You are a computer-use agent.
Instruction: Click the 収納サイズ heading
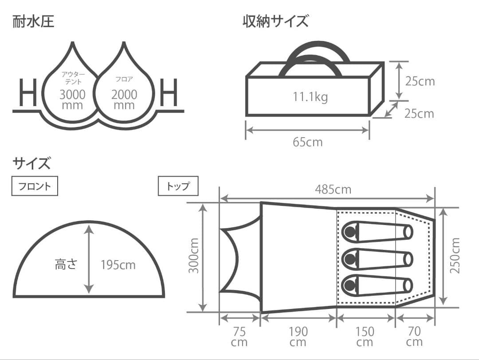[x=275, y=21]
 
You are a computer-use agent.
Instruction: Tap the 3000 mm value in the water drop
[x=72, y=99]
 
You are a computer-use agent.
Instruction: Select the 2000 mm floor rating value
[x=124, y=99]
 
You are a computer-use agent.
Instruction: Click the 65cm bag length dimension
[x=307, y=142]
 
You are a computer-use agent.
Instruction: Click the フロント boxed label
[x=35, y=186]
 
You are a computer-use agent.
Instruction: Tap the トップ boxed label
[x=178, y=186]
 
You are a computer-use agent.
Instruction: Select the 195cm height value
[x=118, y=265]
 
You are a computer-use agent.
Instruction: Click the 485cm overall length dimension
[x=333, y=190]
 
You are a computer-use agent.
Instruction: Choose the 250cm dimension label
[x=455, y=256]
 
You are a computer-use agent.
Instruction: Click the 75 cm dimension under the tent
[x=239, y=337]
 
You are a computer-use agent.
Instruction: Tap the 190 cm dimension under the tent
[x=298, y=337]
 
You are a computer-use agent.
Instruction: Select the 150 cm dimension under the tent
[x=365, y=337]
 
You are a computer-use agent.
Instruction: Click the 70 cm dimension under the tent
[x=414, y=337]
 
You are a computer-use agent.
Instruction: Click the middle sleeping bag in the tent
[x=377, y=257]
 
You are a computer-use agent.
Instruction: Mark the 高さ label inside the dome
[x=66, y=265]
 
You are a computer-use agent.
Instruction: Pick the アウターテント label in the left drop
[x=72, y=78]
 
